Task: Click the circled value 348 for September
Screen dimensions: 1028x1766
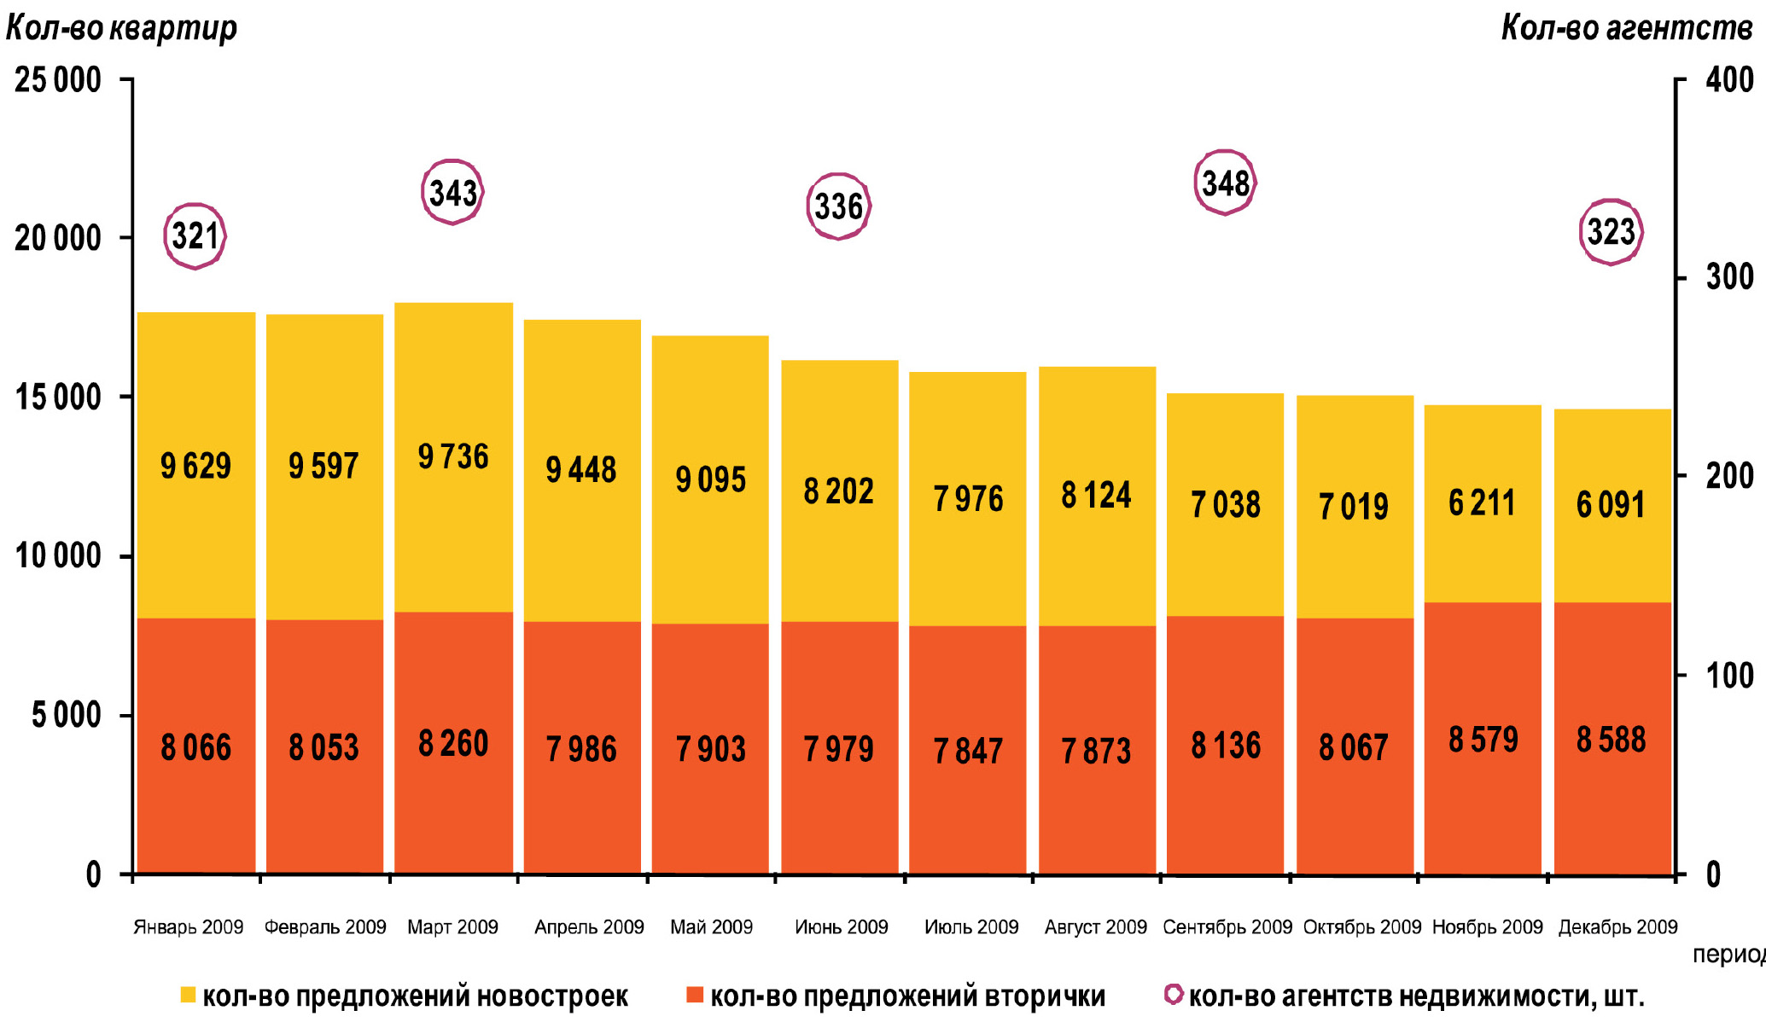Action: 1225,183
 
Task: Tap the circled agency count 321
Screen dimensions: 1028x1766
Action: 195,236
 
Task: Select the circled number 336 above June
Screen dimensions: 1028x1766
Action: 838,206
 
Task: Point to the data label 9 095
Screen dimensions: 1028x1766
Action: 710,479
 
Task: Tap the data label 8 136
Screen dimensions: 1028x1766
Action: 1226,746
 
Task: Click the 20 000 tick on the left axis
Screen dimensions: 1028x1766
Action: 58,238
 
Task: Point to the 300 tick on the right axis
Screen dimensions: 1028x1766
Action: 1729,277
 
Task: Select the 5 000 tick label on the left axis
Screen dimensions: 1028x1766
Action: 67,715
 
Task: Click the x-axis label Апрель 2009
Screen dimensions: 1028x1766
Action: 589,927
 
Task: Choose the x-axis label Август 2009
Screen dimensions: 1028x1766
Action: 1096,927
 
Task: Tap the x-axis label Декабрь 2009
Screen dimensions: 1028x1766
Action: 1617,927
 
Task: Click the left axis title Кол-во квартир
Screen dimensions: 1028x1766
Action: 121,28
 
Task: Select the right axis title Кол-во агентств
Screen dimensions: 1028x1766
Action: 1626,28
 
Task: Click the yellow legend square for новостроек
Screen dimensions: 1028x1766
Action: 188,995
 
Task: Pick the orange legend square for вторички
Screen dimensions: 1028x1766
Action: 695,995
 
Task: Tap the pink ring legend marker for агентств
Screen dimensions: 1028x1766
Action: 1174,995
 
